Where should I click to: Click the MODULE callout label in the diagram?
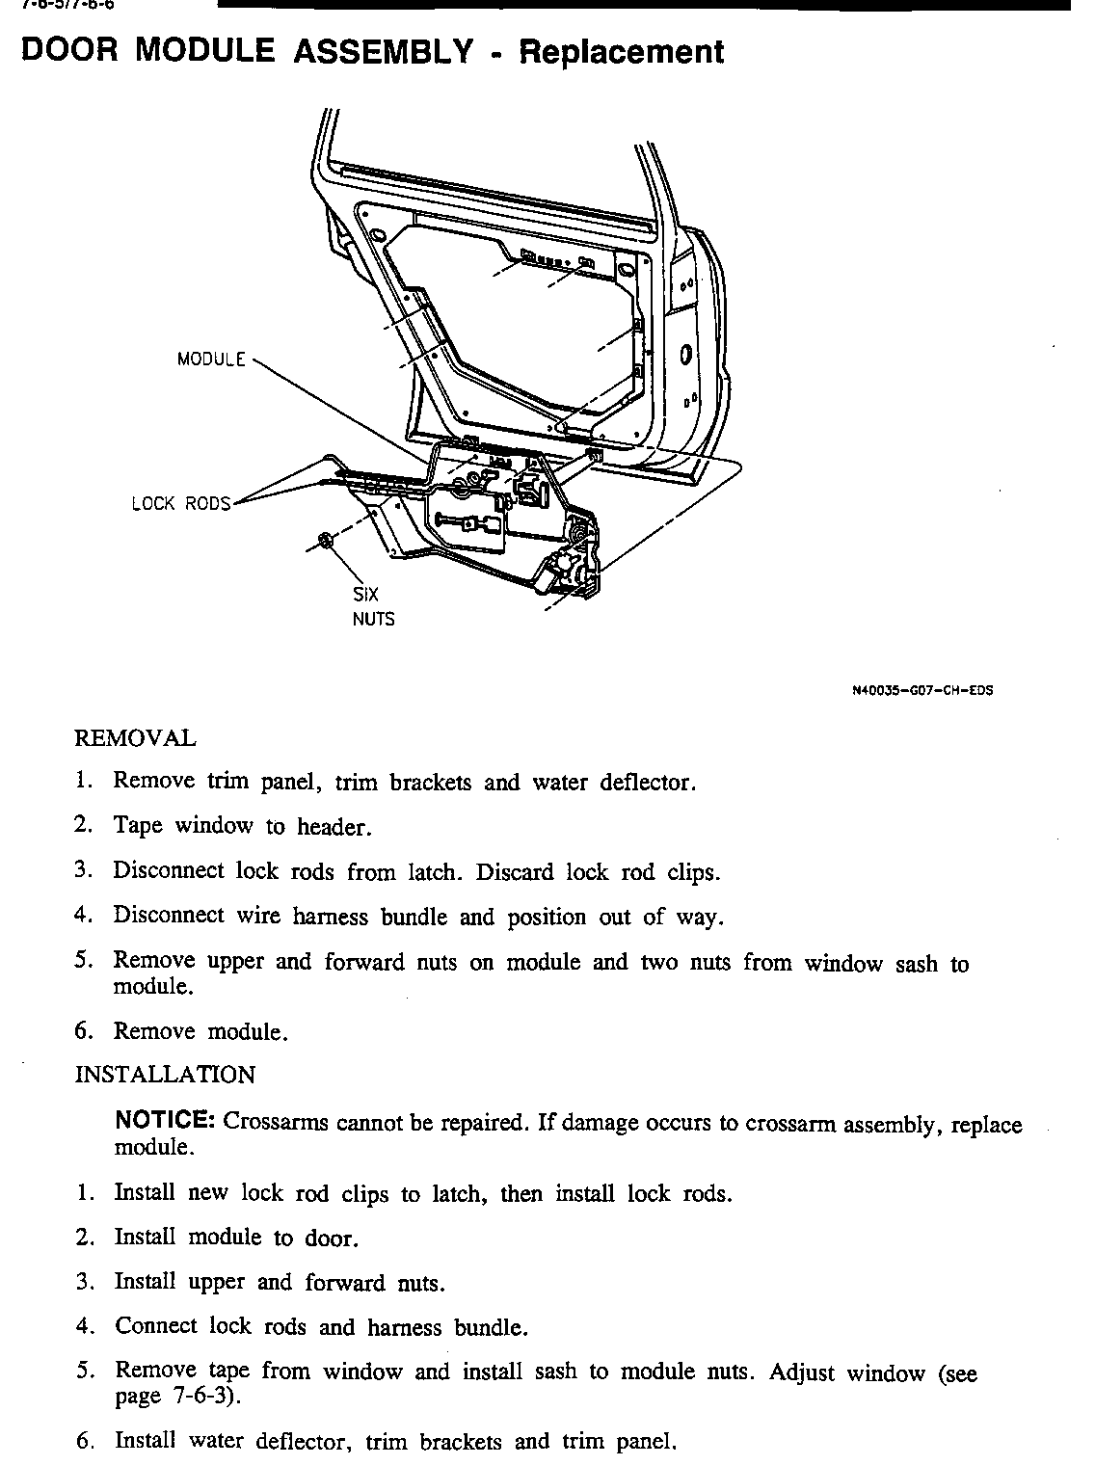[211, 360]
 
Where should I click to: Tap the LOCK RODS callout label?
[181, 503]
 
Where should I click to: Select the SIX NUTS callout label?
[372, 607]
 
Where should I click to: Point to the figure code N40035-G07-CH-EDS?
[922, 690]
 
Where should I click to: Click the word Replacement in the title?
[622, 52]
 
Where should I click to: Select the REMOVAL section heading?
[135, 739]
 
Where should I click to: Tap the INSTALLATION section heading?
[165, 1075]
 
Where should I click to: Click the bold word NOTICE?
[165, 1121]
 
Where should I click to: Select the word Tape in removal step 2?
[138, 826]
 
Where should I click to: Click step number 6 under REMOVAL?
[83, 1030]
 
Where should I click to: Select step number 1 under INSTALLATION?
[84, 1193]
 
